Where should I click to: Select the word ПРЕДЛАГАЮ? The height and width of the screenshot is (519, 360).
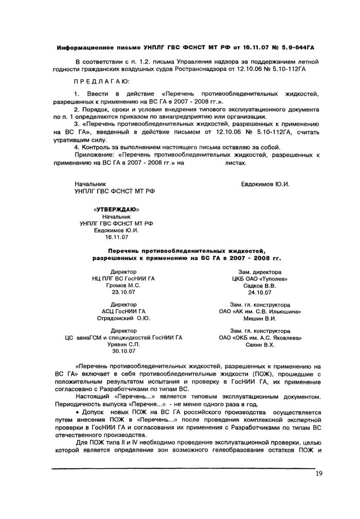(x=102, y=81)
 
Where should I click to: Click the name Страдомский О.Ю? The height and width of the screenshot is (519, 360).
(x=123, y=318)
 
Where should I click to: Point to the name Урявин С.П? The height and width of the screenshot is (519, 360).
(x=123, y=344)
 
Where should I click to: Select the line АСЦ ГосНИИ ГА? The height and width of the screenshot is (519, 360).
(x=123, y=311)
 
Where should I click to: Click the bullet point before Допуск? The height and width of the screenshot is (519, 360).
(x=77, y=413)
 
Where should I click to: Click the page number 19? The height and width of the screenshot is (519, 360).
(x=319, y=474)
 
